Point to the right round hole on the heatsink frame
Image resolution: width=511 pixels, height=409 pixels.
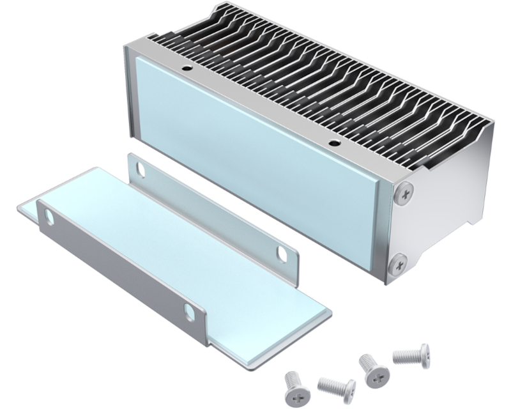click(x=332, y=141)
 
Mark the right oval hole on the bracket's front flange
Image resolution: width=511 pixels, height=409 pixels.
click(x=190, y=311)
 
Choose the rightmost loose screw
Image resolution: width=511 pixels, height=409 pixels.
click(x=410, y=353)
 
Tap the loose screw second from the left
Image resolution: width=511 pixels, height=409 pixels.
click(x=336, y=387)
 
